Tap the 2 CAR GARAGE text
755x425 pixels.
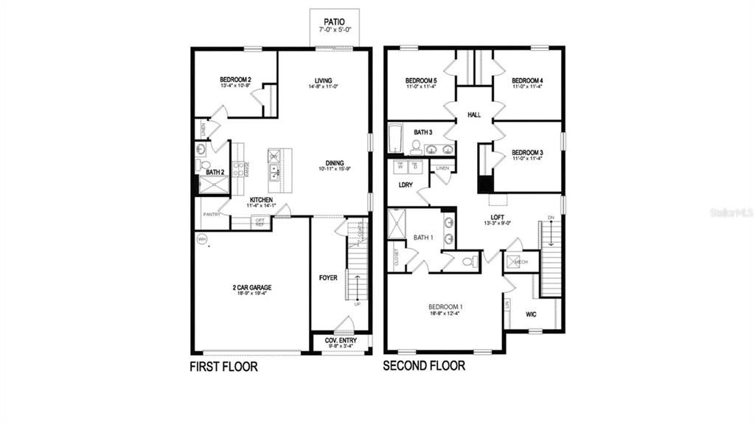coord(251,287)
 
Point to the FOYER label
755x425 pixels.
coord(328,278)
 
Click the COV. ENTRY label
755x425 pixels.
coord(341,340)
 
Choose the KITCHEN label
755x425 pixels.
coord(261,200)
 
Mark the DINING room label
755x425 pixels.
coord(335,164)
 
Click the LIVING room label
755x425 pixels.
coord(323,81)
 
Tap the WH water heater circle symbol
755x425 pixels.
coord(201,238)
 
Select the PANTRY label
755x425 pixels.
coord(212,215)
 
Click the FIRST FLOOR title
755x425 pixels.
coord(224,366)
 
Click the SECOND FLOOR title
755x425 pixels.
coord(424,366)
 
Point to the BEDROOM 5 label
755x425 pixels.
coord(421,80)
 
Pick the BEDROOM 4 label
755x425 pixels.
coord(528,80)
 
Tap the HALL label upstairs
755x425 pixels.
coord(473,115)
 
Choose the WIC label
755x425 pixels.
coord(530,314)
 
